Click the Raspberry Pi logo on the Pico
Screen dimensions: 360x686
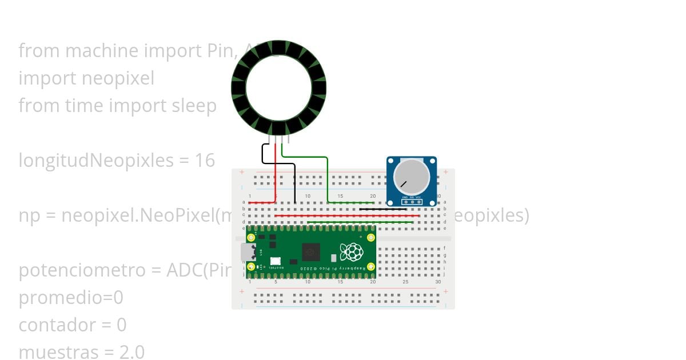351,251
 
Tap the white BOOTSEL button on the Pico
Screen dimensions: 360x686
274,260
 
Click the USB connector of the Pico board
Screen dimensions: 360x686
248,251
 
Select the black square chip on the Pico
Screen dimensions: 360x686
311,251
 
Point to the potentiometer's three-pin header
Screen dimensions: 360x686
412,202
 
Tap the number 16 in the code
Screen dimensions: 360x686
205,161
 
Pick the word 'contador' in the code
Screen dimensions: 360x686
58,325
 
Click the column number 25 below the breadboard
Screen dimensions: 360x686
405,282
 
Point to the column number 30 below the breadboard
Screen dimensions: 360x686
438,282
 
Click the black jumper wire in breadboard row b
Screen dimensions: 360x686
382,209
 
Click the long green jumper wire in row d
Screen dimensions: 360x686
360,222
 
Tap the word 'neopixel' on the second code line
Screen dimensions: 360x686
119,78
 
